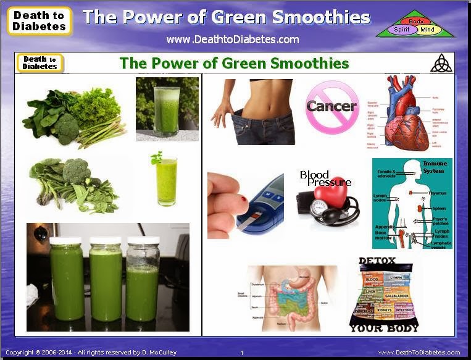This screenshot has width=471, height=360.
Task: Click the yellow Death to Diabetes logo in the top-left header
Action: (40, 21)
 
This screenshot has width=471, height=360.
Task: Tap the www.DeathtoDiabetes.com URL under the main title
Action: (232, 40)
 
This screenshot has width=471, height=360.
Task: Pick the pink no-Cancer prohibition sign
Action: (331, 107)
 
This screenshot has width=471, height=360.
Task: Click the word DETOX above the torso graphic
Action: (377, 262)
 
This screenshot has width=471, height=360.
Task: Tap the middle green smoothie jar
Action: (106, 278)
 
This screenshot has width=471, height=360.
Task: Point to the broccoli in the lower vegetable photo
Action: (77, 170)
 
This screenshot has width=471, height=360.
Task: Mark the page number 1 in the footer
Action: (241, 353)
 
